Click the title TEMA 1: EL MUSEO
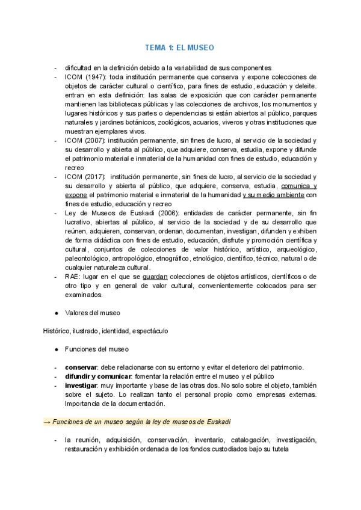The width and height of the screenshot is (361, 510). click(x=180, y=47)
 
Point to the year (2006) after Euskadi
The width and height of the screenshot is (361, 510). click(x=167, y=213)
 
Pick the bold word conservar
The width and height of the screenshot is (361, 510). click(x=82, y=367)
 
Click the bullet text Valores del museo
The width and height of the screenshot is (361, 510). click(x=93, y=313)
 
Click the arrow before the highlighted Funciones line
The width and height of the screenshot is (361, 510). click(x=48, y=422)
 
